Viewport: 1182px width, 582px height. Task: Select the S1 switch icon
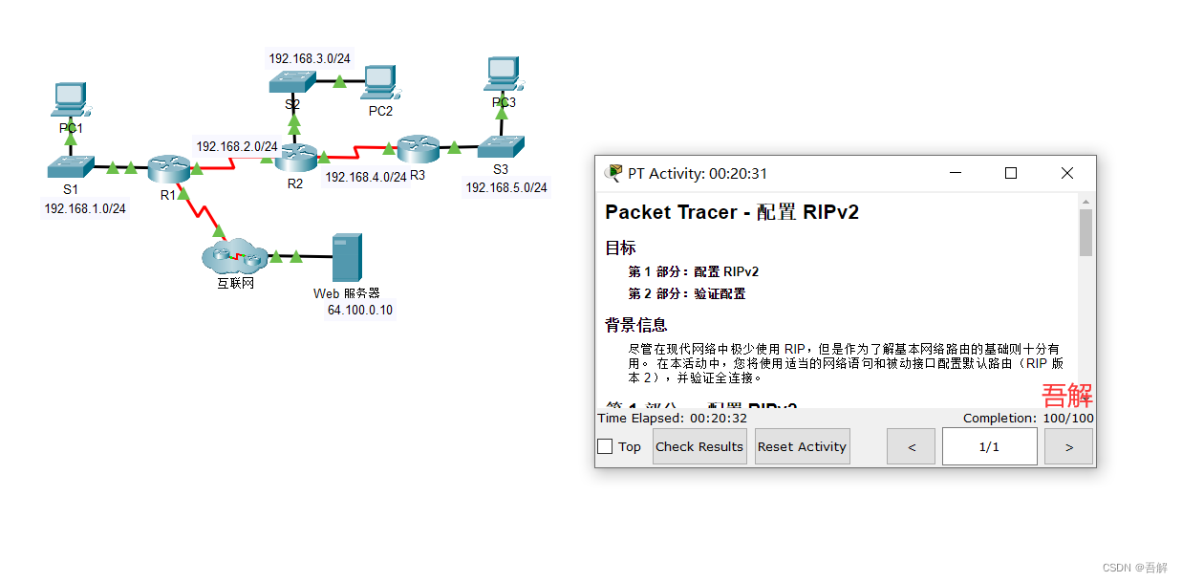[x=71, y=166]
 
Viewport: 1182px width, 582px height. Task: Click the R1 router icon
[x=170, y=168]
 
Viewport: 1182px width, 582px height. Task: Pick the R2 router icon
[x=296, y=156]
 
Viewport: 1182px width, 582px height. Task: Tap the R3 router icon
[x=418, y=147]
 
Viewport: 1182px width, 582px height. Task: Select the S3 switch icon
[x=501, y=146]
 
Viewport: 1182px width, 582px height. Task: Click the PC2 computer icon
[x=378, y=82]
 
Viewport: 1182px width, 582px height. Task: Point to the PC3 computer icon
[x=503, y=73]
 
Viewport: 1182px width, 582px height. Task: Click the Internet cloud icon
[x=234, y=255]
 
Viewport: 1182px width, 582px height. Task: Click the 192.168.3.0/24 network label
[x=310, y=58]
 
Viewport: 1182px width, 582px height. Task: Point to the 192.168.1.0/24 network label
[x=85, y=208]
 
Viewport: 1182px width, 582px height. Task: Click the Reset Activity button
[x=802, y=446]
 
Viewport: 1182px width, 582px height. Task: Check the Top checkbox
[x=605, y=446]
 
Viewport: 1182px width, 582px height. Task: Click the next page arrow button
[x=1068, y=446]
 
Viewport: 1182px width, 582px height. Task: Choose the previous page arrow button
[x=911, y=446]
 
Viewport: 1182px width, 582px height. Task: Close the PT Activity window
[x=1067, y=173]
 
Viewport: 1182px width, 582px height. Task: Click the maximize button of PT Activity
[x=1011, y=173]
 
